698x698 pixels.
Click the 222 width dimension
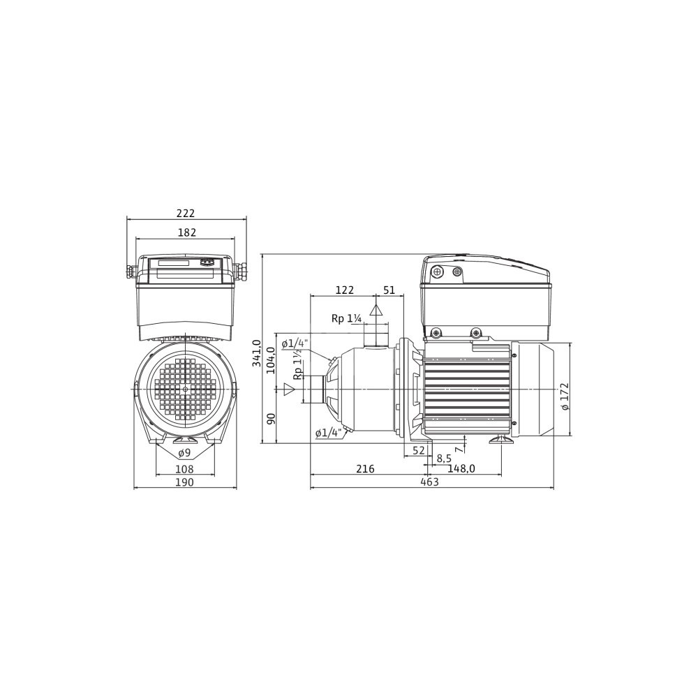(x=186, y=213)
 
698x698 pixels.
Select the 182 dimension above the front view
(x=187, y=232)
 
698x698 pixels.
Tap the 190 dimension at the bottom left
(x=185, y=482)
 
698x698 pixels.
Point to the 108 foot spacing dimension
(x=185, y=469)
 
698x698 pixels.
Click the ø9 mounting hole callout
(x=184, y=453)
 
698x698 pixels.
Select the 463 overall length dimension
(x=429, y=482)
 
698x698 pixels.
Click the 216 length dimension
(x=366, y=469)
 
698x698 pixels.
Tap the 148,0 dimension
(x=461, y=469)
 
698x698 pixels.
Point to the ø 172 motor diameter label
(x=565, y=396)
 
